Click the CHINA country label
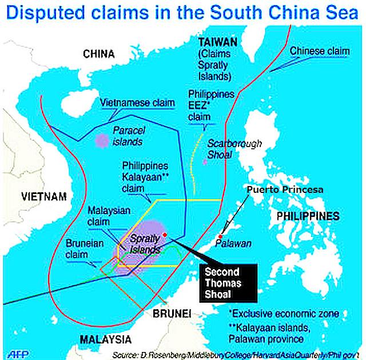pos(99,54)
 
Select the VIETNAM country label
pos(43,196)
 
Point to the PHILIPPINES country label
pos(308,216)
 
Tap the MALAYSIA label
pos(105,339)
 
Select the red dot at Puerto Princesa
pos(220,237)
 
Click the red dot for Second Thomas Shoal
pos(165,235)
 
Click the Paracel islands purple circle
pos(102,141)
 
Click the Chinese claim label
pos(319,52)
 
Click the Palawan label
pos(233,244)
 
